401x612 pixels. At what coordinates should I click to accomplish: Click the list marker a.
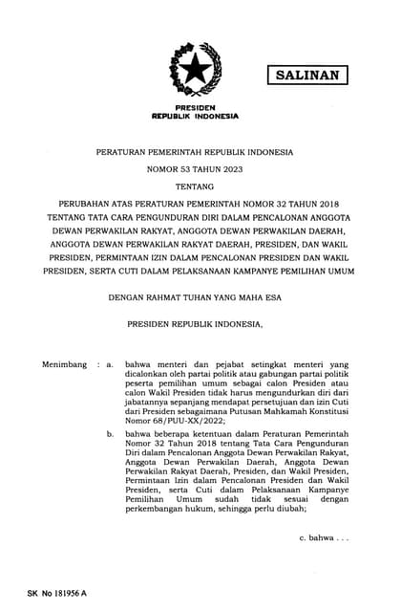[111, 365]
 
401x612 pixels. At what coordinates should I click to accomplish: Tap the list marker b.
[111, 433]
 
